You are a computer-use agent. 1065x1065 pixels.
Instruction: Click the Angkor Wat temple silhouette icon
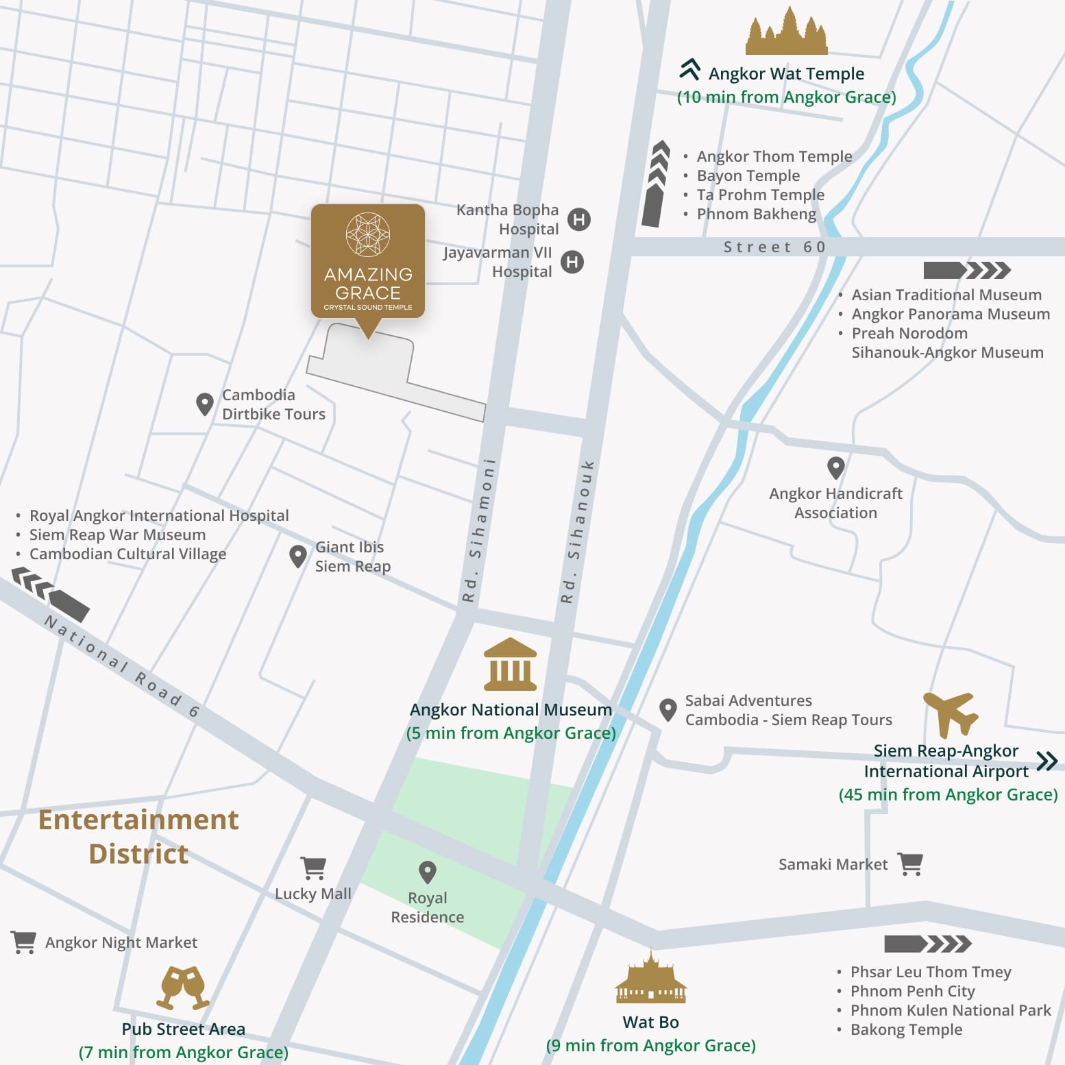tap(786, 32)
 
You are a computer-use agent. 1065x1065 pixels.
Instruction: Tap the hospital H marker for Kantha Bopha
tap(579, 219)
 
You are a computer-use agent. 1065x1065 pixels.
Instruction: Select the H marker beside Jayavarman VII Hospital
tap(572, 262)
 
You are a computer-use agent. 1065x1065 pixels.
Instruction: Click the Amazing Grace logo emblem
tap(368, 234)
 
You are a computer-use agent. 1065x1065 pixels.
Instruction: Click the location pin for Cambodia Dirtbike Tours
tap(204, 404)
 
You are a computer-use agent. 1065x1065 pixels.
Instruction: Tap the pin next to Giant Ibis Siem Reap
tap(297, 556)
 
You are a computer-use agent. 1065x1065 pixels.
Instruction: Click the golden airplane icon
tap(951, 713)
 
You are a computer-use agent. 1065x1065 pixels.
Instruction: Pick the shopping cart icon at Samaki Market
tap(910, 864)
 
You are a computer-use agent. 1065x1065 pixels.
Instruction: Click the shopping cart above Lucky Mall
tap(313, 868)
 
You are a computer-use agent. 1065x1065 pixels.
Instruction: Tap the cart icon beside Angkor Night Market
tap(24, 942)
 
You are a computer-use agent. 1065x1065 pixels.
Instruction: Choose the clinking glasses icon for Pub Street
tap(183, 988)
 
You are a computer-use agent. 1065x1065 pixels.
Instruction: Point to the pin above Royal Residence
tap(428, 872)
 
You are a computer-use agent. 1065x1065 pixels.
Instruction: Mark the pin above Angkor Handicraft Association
tap(835, 467)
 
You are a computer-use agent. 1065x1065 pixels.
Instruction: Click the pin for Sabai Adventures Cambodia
tap(668, 709)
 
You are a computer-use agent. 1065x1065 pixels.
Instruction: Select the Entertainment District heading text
tap(138, 836)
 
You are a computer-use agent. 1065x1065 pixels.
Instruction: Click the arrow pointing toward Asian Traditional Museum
tap(966, 270)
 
